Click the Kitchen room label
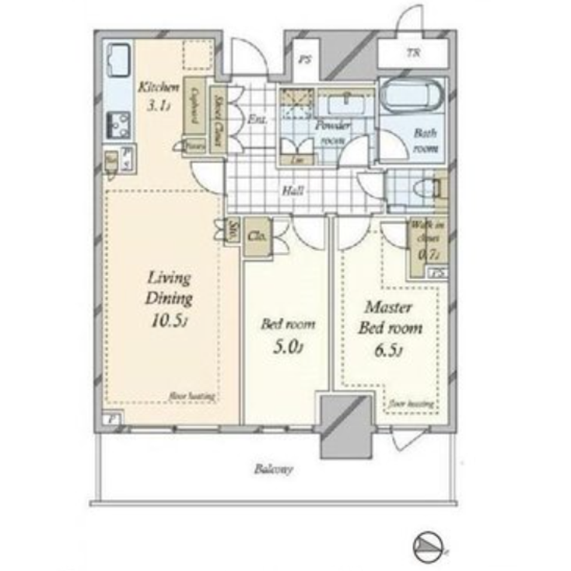click(159, 87)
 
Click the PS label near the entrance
click(307, 57)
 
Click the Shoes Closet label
click(219, 116)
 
